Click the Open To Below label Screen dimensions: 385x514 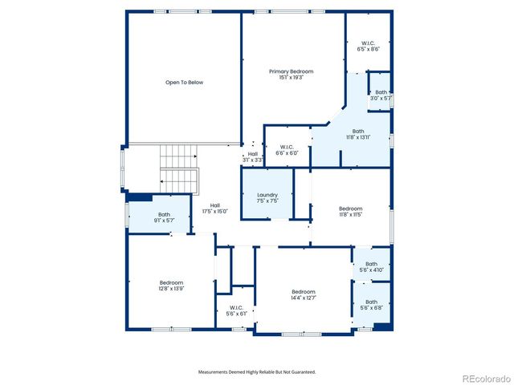coord(184,82)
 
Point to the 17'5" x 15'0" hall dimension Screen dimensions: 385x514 coord(215,211)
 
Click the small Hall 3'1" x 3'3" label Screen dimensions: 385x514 coord(252,157)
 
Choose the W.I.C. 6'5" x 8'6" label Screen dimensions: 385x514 coord(368,46)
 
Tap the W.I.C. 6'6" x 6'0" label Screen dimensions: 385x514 coord(287,150)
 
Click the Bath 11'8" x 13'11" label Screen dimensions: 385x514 coord(358,134)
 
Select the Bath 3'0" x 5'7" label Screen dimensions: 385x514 coord(381,95)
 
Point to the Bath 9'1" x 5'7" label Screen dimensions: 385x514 coord(164,217)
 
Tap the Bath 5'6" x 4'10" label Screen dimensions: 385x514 coord(371,267)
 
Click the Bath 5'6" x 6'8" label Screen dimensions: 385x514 coord(371,305)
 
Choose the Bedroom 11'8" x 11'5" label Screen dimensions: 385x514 coord(350,211)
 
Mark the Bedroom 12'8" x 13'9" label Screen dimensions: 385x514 coord(171,285)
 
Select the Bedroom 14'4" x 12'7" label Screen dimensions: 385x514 coord(303,294)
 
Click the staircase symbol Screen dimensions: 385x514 coord(179,168)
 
